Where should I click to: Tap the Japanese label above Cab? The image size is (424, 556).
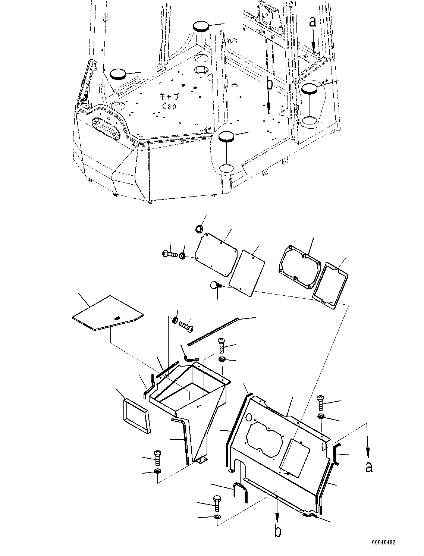pyautogui.click(x=169, y=97)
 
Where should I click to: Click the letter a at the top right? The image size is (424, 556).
pyautogui.click(x=312, y=22)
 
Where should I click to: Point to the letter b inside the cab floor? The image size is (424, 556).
pyautogui.click(x=269, y=85)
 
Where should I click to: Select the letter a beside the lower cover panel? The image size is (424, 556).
pyautogui.click(x=369, y=467)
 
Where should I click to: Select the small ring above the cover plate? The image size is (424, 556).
pyautogui.click(x=200, y=228)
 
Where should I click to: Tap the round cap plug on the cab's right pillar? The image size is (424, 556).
pyautogui.click(x=310, y=89)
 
